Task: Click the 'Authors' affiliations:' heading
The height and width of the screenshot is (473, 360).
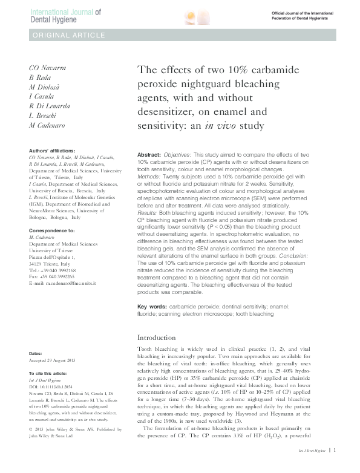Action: click(x=53, y=150)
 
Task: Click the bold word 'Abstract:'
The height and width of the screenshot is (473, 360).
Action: click(x=149, y=155)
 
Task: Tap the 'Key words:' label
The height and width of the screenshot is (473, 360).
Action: click(x=153, y=307)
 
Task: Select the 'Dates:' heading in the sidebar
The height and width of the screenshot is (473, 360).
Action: click(x=36, y=352)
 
